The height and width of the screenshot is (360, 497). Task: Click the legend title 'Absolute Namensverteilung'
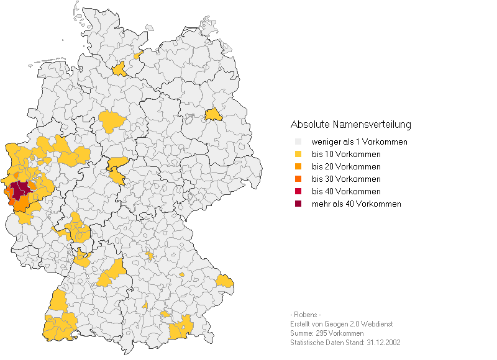point(350,125)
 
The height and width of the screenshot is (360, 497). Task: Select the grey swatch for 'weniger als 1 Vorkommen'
point(298,142)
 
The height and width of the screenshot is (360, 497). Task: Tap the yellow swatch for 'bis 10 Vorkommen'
point(298,154)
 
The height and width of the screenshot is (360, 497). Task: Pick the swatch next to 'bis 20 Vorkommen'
point(298,166)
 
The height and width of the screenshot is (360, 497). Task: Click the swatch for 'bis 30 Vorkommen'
point(298,179)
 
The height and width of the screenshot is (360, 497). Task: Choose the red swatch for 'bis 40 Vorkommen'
point(298,191)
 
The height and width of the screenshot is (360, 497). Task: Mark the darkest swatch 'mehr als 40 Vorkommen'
point(298,204)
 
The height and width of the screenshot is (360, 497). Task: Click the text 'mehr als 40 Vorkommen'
point(356,204)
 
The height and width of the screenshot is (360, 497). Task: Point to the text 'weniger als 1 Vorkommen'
point(359,142)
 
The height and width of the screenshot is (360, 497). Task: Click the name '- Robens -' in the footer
point(306,314)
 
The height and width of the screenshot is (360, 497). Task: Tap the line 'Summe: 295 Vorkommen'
point(327,333)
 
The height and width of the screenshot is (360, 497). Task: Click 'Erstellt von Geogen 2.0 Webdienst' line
point(341,324)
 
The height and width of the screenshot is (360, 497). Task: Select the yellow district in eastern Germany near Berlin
point(213,115)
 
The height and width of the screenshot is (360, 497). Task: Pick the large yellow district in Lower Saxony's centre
point(112,121)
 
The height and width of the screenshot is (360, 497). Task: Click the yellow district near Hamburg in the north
point(119,69)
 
